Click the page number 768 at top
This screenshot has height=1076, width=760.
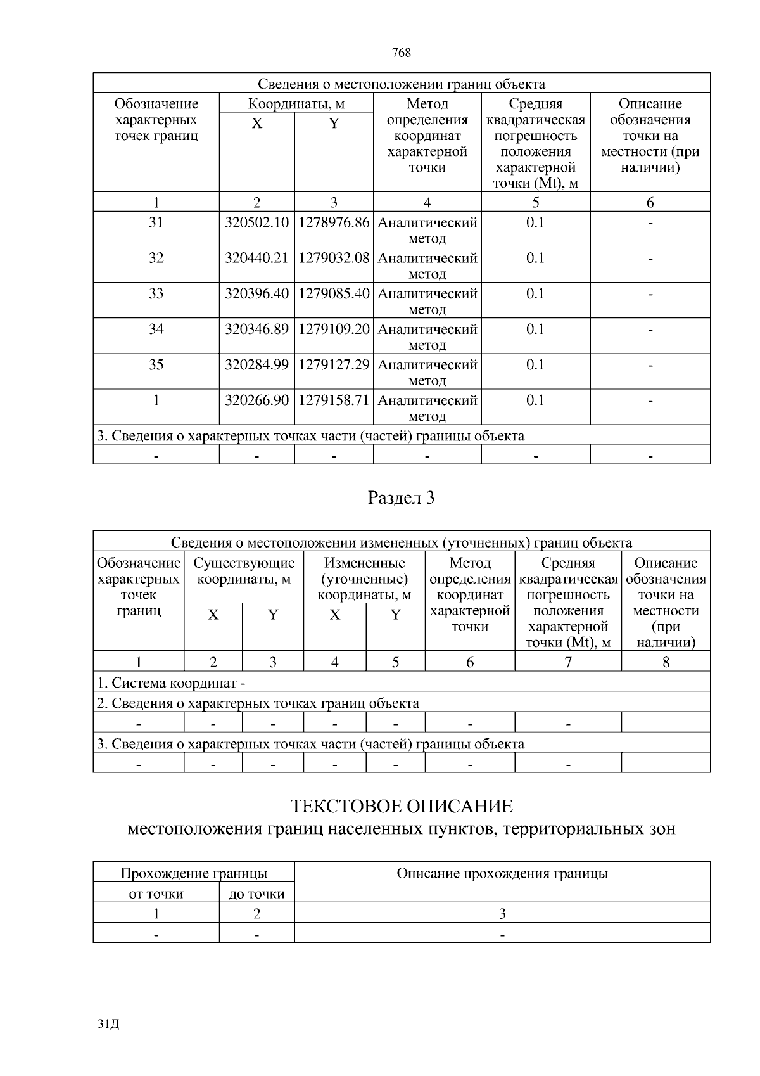coord(402,53)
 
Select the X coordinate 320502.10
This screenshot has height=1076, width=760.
coord(256,223)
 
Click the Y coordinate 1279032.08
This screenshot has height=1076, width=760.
coord(334,259)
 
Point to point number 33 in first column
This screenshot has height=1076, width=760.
coord(156,294)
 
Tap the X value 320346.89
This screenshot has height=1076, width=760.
coord(256,330)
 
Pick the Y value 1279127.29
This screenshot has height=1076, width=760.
coord(334,365)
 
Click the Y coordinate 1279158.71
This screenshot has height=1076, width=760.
coord(334,400)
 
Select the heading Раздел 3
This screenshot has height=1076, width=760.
coord(402,498)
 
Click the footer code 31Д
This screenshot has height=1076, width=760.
coord(110,1024)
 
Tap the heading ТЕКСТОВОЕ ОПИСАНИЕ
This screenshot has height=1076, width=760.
coord(402,807)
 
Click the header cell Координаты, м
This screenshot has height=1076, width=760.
coord(296,104)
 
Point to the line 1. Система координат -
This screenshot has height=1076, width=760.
coord(171,683)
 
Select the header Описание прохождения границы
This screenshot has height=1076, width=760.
coord(502,874)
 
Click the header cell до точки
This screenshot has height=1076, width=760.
coord(256,894)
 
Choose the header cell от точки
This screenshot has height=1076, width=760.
coord(156,894)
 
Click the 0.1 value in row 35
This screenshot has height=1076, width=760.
coord(535,365)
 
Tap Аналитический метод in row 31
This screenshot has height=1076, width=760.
coord(427,231)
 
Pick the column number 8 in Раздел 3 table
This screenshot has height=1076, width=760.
coord(666,662)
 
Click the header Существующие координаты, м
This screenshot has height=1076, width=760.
coord(244,571)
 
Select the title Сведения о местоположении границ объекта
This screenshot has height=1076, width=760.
coord(402,84)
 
